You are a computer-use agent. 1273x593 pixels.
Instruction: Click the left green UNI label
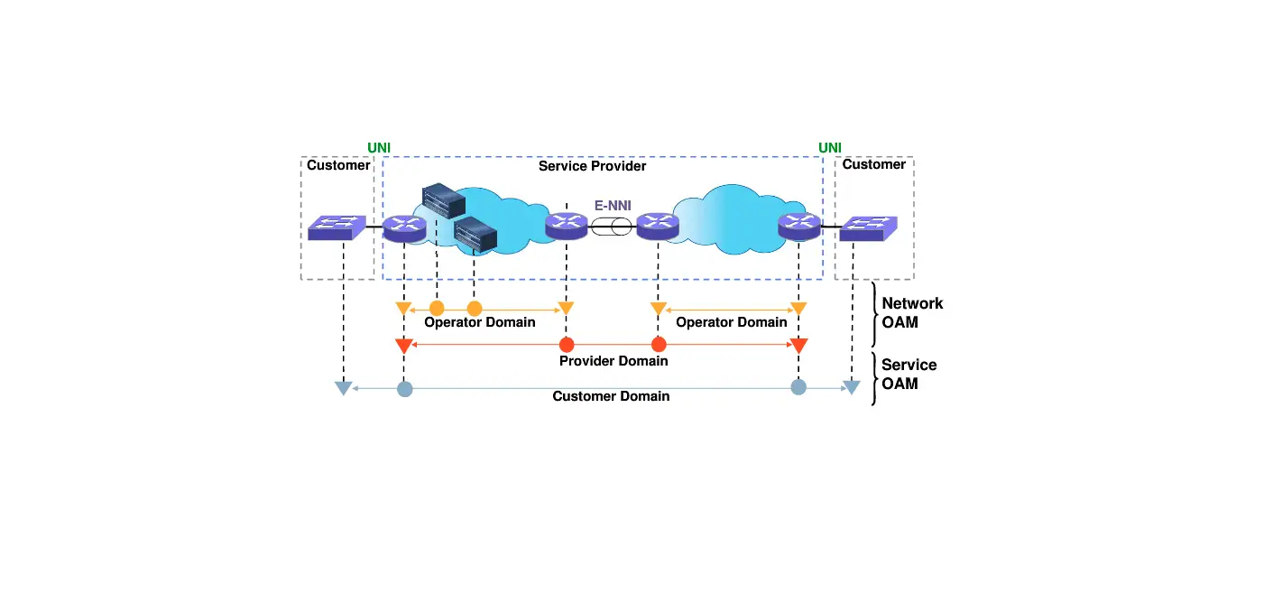coord(379,147)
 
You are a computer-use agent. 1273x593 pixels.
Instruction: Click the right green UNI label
coord(830,147)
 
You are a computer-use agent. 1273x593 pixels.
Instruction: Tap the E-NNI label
coord(613,205)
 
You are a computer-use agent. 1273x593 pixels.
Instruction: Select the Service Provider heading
coord(592,166)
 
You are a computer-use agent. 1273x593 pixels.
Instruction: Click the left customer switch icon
coord(336,227)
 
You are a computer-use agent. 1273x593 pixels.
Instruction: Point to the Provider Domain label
coord(613,361)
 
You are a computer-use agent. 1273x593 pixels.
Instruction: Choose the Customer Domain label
coord(611,396)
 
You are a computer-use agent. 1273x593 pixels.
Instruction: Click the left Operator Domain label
coord(480,322)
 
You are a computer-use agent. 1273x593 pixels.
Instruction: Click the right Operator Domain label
coord(731,322)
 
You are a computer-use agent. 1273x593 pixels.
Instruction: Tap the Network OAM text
coord(912,312)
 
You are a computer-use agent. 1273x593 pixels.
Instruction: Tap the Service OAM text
coord(909,374)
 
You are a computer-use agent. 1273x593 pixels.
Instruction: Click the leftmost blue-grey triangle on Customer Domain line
coord(343,388)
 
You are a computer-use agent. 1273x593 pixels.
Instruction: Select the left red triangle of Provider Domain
coord(403,346)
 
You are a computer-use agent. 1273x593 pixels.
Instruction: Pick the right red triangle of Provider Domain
coord(798,346)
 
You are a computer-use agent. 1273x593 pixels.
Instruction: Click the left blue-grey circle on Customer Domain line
coord(405,390)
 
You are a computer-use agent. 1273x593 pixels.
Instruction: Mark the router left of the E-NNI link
coord(567,226)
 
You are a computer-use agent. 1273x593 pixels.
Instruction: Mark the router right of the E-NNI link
coord(657,226)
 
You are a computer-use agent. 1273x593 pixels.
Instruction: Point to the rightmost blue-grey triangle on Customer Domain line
coord(852,388)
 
